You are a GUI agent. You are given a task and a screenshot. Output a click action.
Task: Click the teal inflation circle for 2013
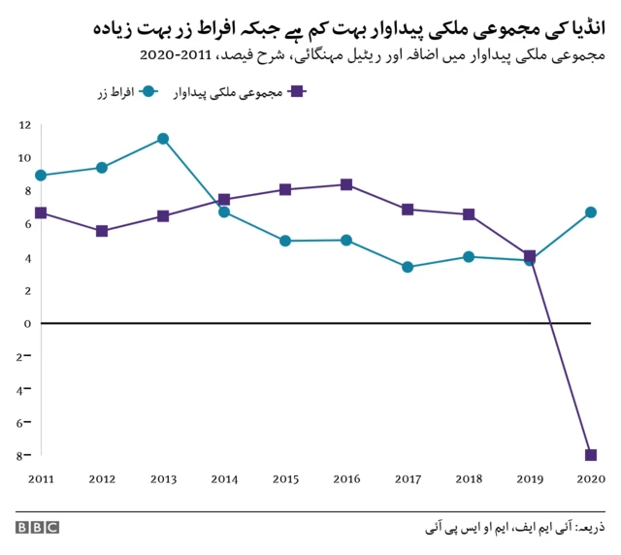163,139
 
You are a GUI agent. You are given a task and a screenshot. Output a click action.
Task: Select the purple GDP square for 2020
590,455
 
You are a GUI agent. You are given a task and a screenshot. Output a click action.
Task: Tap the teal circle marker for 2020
590,212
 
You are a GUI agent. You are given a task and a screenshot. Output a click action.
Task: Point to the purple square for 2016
346,184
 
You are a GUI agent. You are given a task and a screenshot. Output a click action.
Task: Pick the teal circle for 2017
408,267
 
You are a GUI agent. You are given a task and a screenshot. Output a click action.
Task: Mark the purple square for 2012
102,231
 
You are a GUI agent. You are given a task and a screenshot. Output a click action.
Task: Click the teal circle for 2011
41,176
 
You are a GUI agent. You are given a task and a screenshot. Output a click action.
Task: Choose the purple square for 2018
468,214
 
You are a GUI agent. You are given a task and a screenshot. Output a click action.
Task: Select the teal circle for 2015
285,241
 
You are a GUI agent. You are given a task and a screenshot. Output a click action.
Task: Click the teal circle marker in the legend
148,91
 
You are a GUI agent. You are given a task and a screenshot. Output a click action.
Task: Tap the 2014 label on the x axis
224,479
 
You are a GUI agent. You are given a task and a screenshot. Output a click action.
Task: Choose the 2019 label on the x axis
529,479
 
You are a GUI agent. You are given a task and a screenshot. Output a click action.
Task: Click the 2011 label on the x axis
41,479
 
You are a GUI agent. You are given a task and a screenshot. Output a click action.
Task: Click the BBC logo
37,528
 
